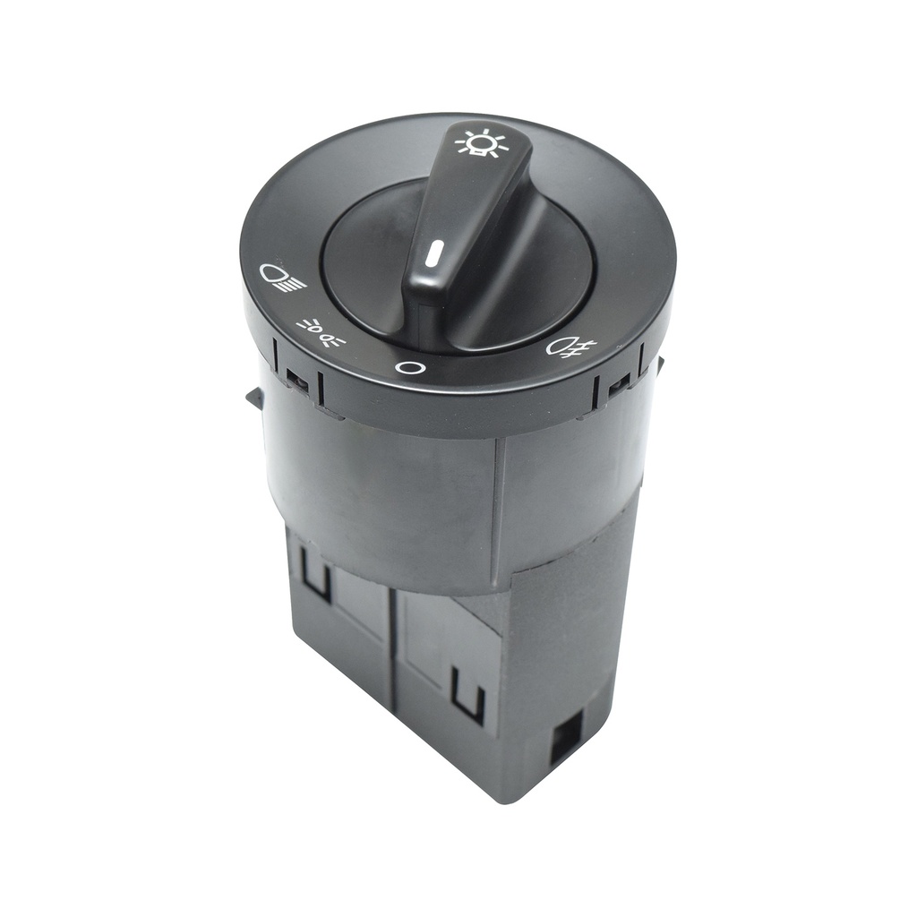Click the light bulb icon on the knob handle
click(482, 143)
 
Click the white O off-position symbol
click(409, 367)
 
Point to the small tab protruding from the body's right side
click(659, 364)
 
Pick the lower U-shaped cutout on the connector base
click(467, 695)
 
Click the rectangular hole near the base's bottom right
click(566, 735)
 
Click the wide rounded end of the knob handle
click(428, 296)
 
